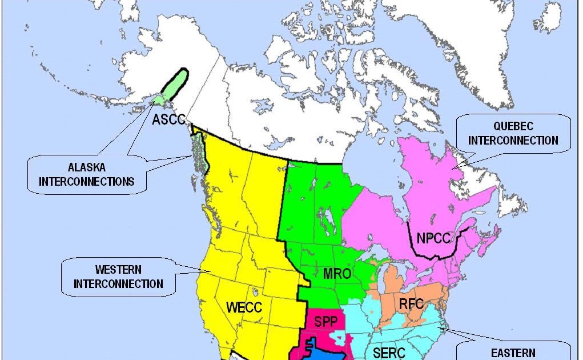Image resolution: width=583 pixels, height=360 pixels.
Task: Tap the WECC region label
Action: point(244,307)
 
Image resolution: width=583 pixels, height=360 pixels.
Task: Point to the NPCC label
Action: point(433,239)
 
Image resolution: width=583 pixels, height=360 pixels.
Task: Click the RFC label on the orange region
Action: point(411,303)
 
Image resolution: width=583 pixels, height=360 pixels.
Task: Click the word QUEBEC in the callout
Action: point(513,126)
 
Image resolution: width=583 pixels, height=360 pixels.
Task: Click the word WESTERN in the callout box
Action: point(118,269)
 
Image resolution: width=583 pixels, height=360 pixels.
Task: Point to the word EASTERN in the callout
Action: point(513,353)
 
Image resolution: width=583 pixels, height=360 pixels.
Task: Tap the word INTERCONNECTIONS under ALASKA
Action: point(86,182)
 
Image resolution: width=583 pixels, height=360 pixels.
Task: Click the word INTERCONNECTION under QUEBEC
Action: point(513,140)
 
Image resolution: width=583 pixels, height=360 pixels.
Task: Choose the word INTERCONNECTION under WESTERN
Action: point(118,283)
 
